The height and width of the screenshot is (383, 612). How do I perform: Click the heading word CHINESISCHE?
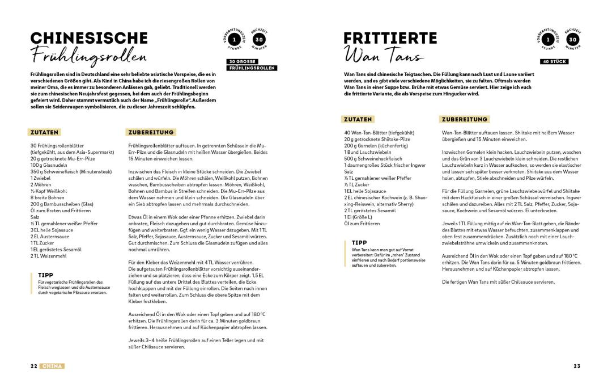point(89,38)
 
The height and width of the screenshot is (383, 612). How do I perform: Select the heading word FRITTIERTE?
point(390,38)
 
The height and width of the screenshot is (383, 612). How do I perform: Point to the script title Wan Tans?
point(383,57)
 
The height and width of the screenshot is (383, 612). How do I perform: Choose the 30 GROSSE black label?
point(243,61)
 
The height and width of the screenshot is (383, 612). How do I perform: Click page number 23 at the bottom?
point(577,366)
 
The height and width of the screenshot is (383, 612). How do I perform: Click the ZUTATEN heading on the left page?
point(45,132)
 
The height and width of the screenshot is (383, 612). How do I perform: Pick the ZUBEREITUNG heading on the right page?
point(464,120)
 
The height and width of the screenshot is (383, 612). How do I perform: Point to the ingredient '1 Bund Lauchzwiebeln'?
point(368,152)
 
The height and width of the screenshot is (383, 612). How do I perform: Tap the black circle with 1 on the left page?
point(235,40)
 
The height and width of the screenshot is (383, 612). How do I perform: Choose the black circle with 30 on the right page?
point(573,40)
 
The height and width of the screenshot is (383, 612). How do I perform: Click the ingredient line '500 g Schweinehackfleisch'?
point(373,158)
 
